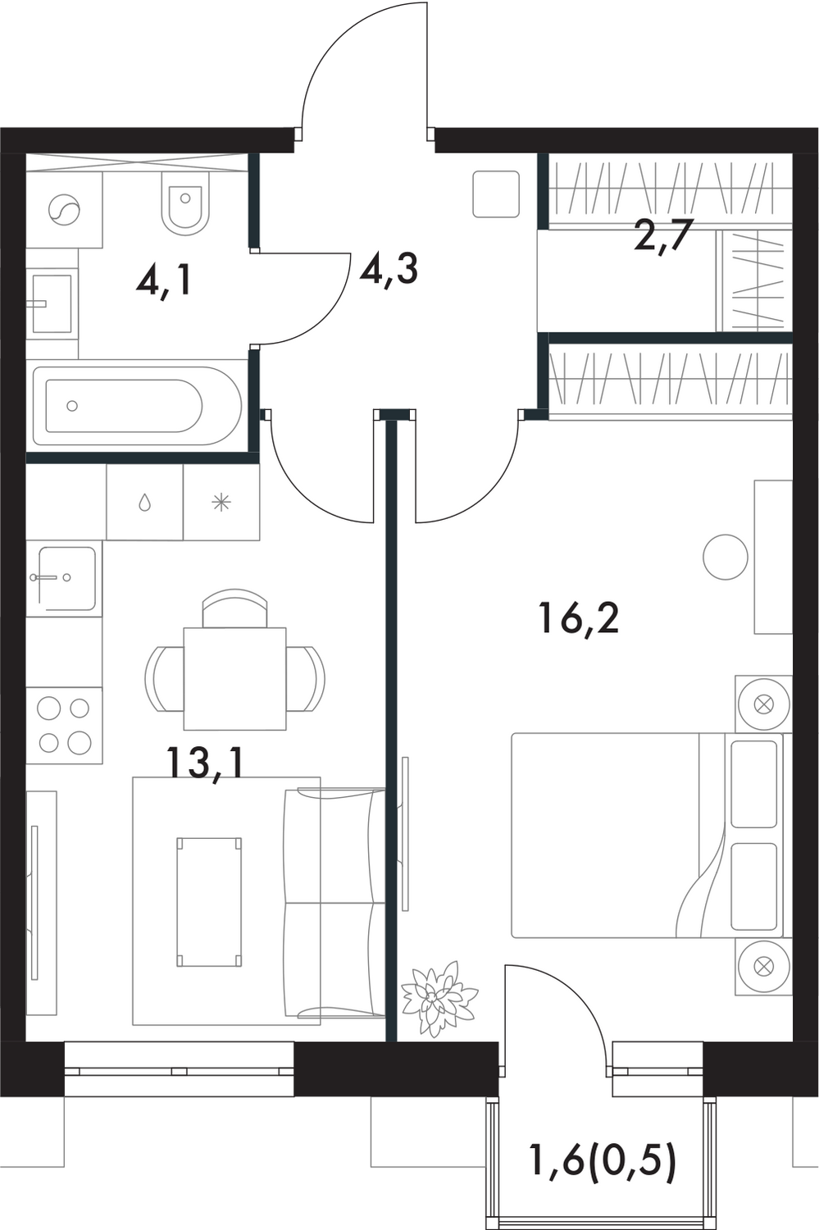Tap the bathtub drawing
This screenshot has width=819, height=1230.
[135, 405]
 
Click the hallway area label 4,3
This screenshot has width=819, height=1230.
[389, 268]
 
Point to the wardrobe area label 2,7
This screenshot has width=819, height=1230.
[663, 237]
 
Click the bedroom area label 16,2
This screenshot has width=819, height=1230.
[579, 617]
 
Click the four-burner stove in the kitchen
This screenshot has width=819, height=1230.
[65, 725]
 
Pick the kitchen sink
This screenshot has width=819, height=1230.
[65, 579]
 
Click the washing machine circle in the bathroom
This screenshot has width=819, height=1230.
[65, 212]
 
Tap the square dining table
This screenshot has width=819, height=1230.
[234, 678]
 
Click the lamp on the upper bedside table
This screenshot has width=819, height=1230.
[763, 704]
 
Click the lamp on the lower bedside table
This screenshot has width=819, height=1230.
[763, 967]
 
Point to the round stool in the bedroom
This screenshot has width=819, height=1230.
[726, 557]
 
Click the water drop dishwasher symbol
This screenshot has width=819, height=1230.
[145, 503]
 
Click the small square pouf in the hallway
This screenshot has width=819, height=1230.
[496, 194]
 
